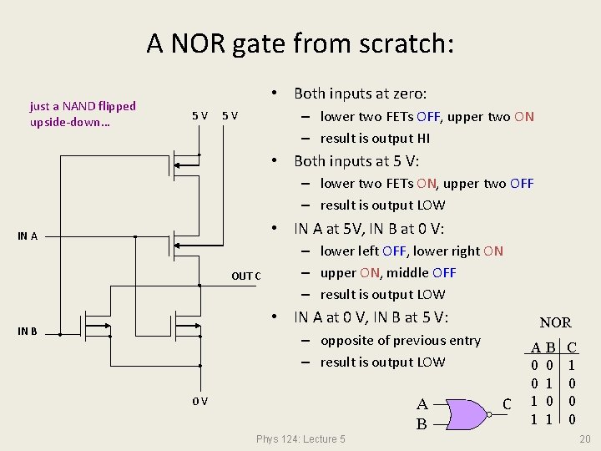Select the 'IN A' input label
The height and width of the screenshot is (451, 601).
pos(28,236)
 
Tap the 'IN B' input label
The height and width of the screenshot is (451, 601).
pos(28,332)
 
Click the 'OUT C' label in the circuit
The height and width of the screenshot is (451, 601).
pos(245,276)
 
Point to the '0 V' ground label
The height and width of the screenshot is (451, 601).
pos(199,402)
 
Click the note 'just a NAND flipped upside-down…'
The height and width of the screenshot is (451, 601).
pos(82,114)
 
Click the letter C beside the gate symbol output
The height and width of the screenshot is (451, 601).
pos(507,405)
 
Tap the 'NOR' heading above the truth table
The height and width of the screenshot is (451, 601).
pos(555,322)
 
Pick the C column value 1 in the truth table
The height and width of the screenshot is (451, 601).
pos(572,366)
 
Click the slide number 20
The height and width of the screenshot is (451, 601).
pos(584,439)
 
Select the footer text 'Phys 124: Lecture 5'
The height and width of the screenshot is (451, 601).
pos(300,439)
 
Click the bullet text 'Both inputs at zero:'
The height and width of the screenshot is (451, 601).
pos(360,94)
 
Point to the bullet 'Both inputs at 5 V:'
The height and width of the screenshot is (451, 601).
pos(356,161)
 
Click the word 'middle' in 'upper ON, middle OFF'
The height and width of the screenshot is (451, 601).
pos(409,272)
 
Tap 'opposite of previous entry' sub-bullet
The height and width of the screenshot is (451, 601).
pos(400,341)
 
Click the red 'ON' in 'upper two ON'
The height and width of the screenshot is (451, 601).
pos(524,117)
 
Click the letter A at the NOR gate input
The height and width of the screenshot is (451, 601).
pos(422,405)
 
